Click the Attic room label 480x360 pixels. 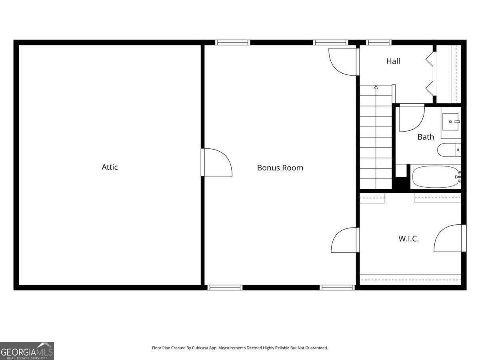(x=110, y=167)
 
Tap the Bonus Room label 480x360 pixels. (x=280, y=168)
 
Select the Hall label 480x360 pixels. (x=393, y=62)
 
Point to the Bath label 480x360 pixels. (x=426, y=137)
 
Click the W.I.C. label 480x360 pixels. (x=408, y=239)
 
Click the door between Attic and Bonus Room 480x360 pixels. (x=217, y=162)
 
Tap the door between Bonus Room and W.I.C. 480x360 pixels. (x=345, y=240)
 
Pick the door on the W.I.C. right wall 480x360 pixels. (x=450, y=238)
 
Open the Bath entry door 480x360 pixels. (x=412, y=118)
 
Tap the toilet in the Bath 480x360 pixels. (x=449, y=150)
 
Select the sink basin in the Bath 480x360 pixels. (x=450, y=122)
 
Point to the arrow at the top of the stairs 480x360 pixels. (x=376, y=87)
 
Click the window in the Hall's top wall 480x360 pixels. (x=379, y=42)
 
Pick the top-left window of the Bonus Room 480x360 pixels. (x=233, y=42)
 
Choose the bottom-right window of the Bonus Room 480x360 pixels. (x=337, y=288)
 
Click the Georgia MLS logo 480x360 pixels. (x=27, y=351)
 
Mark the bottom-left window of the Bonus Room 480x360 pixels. (x=225, y=288)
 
